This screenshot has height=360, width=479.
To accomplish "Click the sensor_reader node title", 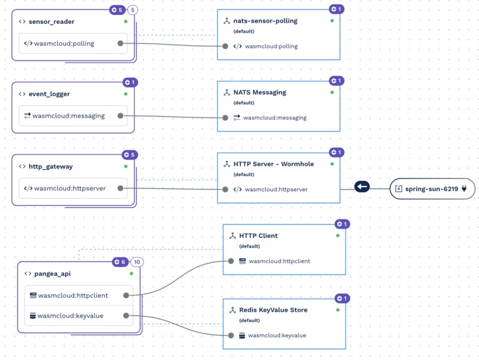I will tap(51, 21).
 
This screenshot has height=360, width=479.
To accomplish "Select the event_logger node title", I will tap(49, 94).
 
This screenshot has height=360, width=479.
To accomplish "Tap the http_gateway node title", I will tap(50, 166).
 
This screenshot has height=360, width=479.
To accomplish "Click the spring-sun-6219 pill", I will tap(432, 188).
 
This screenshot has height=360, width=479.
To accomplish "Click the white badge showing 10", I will tap(137, 262).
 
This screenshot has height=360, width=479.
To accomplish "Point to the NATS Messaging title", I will tap(255, 92).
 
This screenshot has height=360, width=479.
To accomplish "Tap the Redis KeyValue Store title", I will tap(273, 310).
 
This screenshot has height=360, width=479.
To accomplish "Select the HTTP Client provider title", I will tap(258, 236).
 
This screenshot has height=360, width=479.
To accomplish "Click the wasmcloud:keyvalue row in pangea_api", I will tap(70, 315).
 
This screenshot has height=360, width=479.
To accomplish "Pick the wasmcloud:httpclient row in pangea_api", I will tap(73, 295).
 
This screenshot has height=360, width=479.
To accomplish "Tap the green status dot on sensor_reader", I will tap(126, 21).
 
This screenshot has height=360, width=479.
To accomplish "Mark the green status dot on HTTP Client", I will tap(338, 236).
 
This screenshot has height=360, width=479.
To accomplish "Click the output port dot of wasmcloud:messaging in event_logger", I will tap(120, 116).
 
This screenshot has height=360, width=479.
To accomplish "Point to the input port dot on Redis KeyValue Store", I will tap(231, 335).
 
